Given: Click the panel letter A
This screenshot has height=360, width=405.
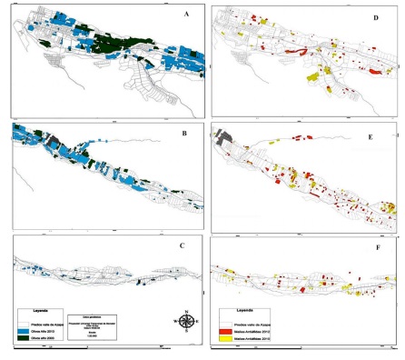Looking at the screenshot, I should (x=186, y=15).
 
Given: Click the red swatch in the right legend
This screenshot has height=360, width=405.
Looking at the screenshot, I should (x=221, y=328).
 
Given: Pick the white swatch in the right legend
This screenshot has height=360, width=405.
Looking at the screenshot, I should (x=221, y=319).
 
